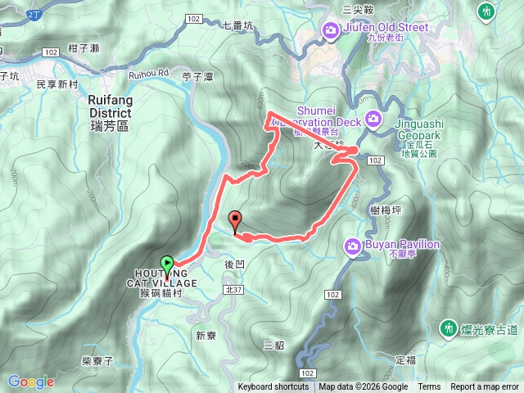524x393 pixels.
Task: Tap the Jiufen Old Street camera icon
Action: point(331,31)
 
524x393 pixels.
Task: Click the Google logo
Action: point(30,382)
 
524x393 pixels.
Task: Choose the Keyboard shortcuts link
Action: point(273,387)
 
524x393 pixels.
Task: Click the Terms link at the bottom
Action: point(429,387)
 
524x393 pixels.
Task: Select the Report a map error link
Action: point(485,387)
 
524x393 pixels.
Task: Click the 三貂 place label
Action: point(274,345)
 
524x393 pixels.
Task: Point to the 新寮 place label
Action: point(206,334)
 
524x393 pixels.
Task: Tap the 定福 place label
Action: point(406,359)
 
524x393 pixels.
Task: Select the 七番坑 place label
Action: point(238,25)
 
